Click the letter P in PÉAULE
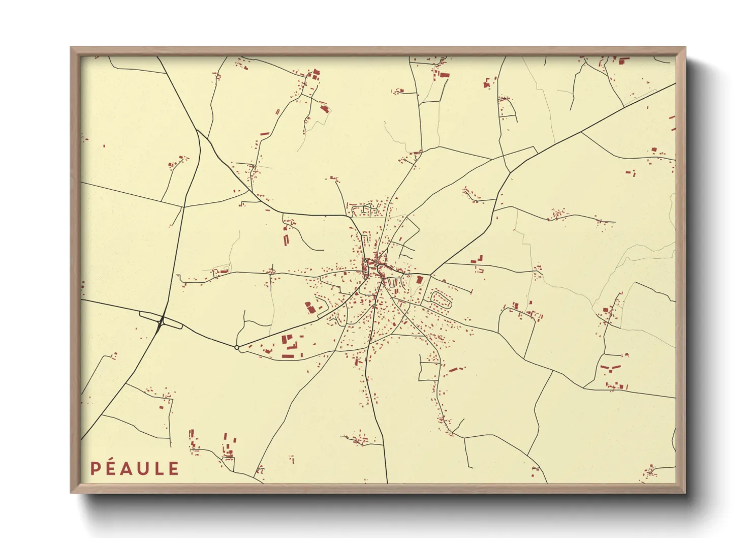(95, 469)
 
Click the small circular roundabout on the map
(237, 347)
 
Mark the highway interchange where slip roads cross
(161, 321)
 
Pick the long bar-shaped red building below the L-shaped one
(288, 356)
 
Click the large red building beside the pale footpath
(308, 307)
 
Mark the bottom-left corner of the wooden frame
(72, 492)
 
